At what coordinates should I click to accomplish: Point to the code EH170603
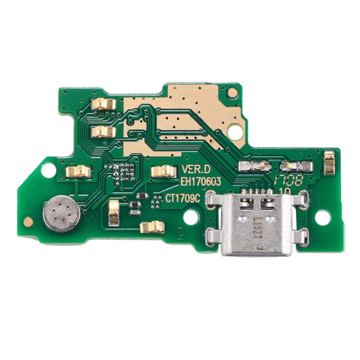point(205,182)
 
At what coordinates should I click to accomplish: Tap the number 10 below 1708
point(285,191)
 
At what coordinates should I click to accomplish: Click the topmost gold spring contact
point(103,103)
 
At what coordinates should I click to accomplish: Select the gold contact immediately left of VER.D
point(162,172)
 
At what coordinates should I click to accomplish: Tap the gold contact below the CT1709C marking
point(155,226)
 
